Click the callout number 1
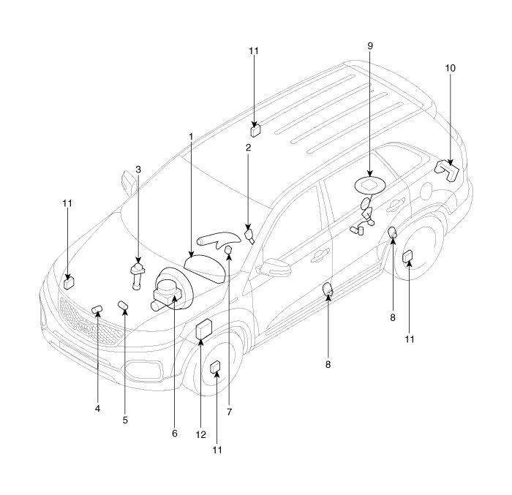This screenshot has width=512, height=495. (191, 137)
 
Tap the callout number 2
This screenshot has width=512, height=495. (248, 148)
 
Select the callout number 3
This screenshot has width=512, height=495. (138, 170)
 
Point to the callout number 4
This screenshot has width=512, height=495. (97, 409)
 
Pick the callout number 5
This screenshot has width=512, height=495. (125, 420)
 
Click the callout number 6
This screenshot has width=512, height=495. (175, 434)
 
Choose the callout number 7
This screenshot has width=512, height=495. (228, 412)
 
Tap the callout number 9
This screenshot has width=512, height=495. (370, 46)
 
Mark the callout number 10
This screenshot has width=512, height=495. (450, 68)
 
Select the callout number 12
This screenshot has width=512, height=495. (199, 434)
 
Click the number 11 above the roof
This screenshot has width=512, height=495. (254, 51)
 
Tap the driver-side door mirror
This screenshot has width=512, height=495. (276, 265)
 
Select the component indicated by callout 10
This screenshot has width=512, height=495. (448, 170)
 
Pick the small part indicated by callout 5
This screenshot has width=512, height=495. (124, 304)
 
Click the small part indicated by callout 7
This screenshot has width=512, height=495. (228, 252)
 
